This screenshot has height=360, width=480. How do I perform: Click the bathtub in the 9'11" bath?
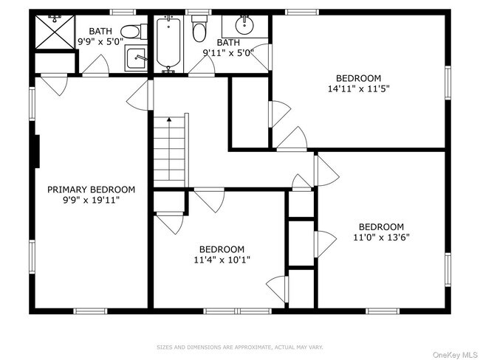coord(168,43)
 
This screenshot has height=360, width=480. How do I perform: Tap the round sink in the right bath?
coord(245,25)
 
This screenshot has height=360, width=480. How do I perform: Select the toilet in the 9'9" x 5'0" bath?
coord(134,32)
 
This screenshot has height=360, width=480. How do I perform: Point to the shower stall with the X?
coord(55,32)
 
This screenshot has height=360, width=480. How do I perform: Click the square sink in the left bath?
coord(136,58)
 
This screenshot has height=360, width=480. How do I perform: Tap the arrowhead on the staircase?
coord(169,120)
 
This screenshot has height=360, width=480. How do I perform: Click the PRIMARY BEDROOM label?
coord(92,190)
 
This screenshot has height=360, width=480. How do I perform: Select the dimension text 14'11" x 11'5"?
coord(358,89)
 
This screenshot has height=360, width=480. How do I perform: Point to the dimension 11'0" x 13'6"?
coord(382,238)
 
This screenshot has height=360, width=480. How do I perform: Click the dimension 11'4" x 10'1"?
coord(222,260)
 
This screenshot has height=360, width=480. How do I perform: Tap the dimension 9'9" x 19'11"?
coord(92,201)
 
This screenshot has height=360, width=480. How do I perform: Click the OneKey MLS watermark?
coord(455,355)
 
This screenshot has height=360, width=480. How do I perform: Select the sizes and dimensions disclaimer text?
coord(240,347)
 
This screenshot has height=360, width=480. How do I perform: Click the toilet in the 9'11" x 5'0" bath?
coord(199,28)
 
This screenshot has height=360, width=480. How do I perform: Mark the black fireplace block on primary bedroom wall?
coord(37,151)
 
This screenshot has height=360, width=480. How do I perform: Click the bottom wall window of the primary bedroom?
coord(90,311)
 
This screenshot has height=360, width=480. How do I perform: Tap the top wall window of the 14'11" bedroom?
coord(302,13)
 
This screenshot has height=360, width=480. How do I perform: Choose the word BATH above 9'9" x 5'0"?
coord(100,31)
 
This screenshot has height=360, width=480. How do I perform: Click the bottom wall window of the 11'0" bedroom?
coord(383,311)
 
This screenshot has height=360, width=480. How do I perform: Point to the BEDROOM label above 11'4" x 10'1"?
coord(222,249)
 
